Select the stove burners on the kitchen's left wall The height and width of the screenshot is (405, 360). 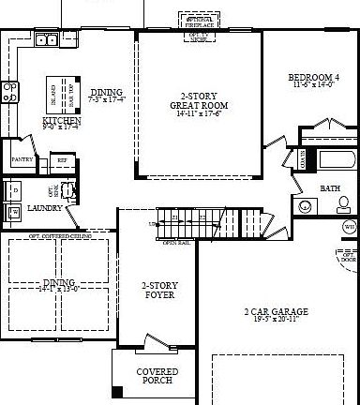9,91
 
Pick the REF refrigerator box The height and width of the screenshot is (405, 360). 62,160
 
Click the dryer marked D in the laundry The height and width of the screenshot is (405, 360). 13,190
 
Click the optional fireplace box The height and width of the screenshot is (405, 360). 197,20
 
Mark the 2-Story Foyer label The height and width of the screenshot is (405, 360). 157,291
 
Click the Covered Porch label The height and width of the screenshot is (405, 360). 157,376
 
